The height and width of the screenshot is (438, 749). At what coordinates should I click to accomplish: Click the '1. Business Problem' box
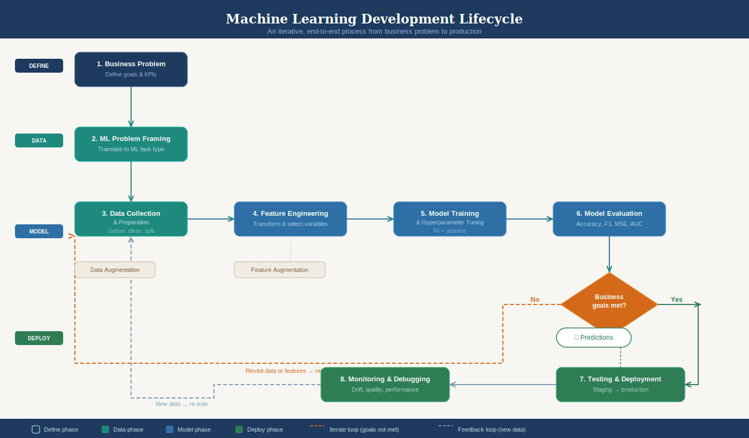coord(131,69)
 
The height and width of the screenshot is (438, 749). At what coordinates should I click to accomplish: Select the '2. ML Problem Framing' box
coord(131,144)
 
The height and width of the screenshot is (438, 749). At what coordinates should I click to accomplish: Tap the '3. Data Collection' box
coord(131,219)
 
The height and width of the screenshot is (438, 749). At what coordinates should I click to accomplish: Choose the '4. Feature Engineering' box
coord(291,219)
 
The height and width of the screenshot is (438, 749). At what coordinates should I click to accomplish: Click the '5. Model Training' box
coord(450,219)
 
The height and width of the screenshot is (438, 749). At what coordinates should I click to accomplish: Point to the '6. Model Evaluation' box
coord(609,219)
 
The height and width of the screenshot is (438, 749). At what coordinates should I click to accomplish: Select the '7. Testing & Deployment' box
coord(621,385)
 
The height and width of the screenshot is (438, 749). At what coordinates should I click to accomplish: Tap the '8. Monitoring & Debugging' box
coord(385,385)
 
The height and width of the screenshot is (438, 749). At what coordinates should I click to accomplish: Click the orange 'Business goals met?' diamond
coord(609,302)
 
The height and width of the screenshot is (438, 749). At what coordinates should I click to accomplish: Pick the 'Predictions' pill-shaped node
coord(594,338)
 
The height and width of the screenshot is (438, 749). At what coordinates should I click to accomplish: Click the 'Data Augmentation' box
coord(115,270)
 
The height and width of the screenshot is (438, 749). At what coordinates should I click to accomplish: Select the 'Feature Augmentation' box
coord(280,270)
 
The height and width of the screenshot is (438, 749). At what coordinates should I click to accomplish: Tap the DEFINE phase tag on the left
coord(39,66)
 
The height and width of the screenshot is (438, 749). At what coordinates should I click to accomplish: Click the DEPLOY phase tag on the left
coord(39,338)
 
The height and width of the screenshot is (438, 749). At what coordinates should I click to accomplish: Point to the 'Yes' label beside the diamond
coord(677,300)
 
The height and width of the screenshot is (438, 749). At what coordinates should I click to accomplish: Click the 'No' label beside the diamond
coord(535,300)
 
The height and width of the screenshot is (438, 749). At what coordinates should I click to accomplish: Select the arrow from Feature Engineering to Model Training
coord(370,219)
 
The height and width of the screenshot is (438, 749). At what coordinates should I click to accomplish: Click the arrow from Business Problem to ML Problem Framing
coord(131,107)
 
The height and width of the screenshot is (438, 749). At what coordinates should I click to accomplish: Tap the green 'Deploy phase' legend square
coord(239,429)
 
